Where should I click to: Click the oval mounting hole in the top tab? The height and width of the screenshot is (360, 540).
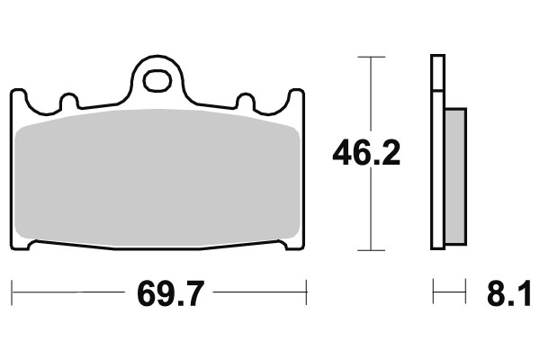click(158, 80)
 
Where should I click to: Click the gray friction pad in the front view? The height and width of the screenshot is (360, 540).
click(158, 175)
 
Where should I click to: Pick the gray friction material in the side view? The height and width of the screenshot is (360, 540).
click(456, 176)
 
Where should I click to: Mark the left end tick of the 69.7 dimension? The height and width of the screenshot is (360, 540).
click(12, 292)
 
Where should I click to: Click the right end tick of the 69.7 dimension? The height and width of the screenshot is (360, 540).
click(308, 292)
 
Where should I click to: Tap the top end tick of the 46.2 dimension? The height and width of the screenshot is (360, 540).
click(365, 57)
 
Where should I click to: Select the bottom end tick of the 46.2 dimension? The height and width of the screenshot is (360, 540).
click(365, 249)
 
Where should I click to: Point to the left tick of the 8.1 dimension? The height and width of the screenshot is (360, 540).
click(433, 292)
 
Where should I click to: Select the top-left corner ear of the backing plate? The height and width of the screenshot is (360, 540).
click(18, 97)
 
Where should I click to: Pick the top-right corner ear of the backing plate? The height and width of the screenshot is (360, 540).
click(296, 97)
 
